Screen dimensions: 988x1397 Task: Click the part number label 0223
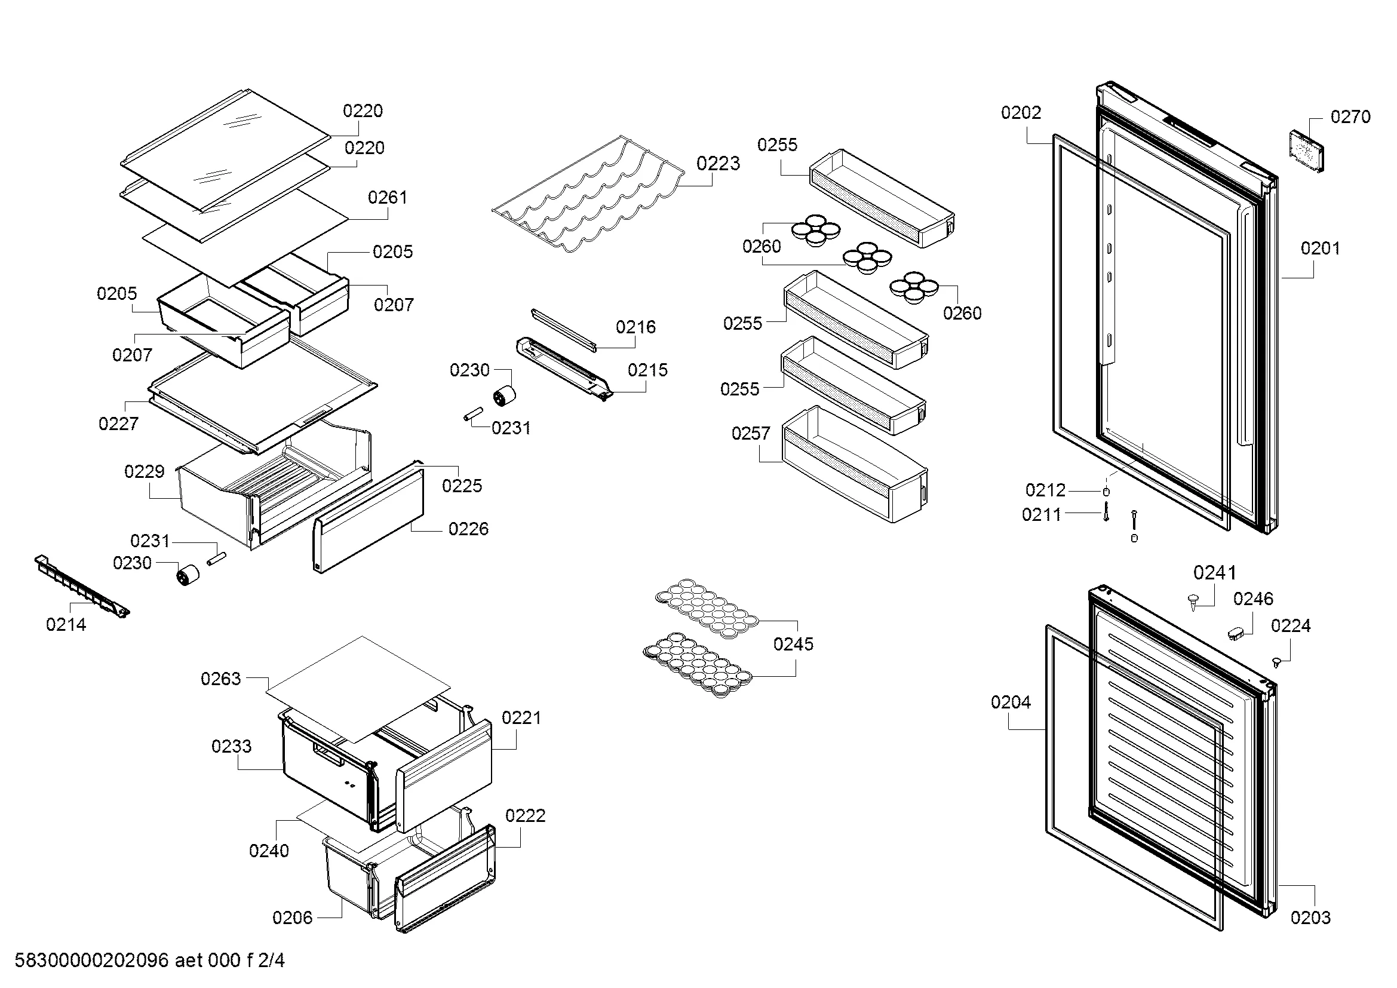[718, 164]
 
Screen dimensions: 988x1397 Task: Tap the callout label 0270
[1350, 117]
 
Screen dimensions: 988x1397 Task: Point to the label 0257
[751, 434]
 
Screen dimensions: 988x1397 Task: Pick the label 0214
[66, 624]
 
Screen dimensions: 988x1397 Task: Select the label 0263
[221, 679]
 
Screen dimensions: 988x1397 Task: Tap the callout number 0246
[1254, 599]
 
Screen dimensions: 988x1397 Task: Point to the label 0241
[1214, 573]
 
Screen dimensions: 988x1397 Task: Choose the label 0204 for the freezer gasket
[1011, 702]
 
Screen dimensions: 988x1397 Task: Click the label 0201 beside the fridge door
[1321, 248]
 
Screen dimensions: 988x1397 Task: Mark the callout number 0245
[793, 645]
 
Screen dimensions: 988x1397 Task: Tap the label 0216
[636, 327]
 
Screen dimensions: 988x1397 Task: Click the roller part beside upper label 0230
[504, 397]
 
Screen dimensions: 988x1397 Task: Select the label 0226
[468, 529]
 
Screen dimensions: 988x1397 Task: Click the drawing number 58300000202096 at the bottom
[91, 961]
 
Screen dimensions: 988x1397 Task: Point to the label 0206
[293, 918]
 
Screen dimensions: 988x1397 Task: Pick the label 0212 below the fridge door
[1045, 490]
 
